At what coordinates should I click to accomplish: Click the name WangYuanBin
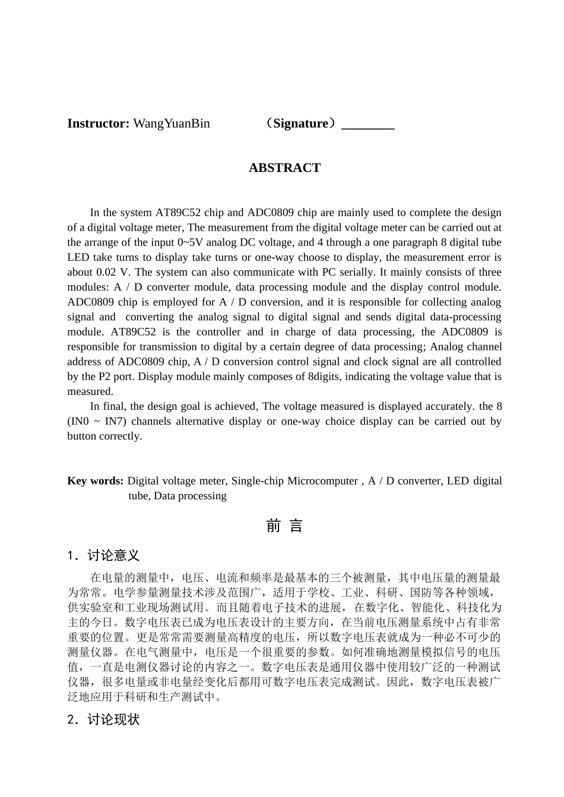click(172, 123)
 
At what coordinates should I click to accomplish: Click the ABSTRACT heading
click(284, 168)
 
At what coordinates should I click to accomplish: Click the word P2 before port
click(104, 377)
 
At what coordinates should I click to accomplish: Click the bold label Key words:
click(95, 481)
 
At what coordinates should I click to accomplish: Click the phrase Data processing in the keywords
click(190, 496)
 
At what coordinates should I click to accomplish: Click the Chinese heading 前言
click(284, 526)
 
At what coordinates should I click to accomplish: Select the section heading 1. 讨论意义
click(103, 556)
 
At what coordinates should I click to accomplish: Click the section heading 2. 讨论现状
click(103, 720)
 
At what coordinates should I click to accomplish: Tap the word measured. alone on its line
click(90, 391)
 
